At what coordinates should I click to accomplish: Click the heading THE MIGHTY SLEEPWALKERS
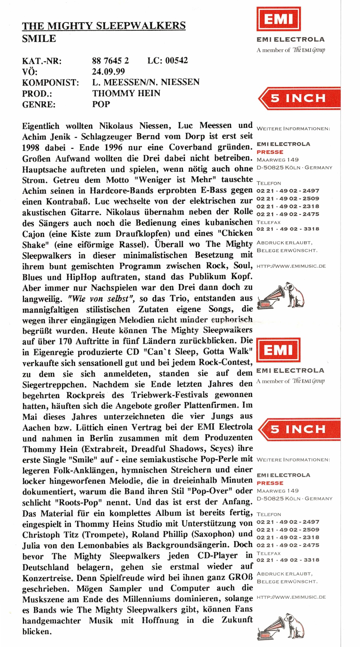(x=104, y=26)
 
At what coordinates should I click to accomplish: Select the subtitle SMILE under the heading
(x=39, y=39)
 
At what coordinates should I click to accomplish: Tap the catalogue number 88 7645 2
(x=110, y=60)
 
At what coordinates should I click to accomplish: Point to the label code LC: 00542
(x=167, y=60)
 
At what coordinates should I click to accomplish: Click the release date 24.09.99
(x=108, y=71)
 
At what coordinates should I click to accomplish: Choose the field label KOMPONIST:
(x=50, y=82)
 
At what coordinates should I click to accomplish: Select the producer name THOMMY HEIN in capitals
(x=126, y=93)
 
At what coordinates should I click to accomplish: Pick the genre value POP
(x=101, y=104)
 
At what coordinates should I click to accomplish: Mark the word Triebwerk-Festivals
(x=170, y=395)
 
